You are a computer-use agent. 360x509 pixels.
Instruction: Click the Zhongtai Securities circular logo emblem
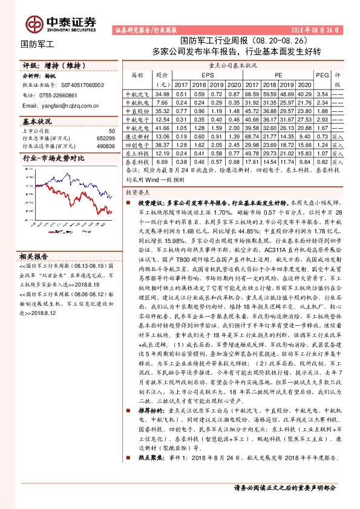coord(33,22)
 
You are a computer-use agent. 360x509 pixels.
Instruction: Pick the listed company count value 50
coord(111,131)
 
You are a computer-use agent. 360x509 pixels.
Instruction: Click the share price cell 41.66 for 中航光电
coord(162,129)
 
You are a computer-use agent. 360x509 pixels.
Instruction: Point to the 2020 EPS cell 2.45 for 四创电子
coord(235,146)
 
